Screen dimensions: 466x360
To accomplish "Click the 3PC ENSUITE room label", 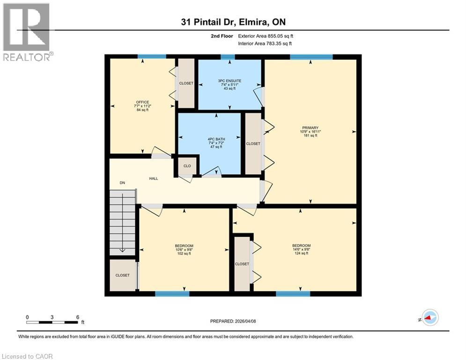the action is click(x=229, y=81).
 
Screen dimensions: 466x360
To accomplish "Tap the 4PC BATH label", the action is click(x=216, y=139).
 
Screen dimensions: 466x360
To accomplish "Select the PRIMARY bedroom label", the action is click(x=310, y=128).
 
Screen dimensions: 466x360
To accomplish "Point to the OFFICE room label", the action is click(x=143, y=102).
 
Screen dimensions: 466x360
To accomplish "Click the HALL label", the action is click(x=154, y=179).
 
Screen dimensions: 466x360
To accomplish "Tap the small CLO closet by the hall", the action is click(x=187, y=166).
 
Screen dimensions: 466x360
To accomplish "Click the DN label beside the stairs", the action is click(x=122, y=183).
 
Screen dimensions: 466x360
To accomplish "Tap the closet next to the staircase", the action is click(x=123, y=275).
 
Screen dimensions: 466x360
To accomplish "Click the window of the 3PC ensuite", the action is click(x=228, y=57).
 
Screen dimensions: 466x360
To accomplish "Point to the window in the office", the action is click(x=152, y=57).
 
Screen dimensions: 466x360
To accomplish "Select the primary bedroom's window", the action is click(x=311, y=57).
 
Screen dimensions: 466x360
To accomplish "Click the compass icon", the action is click(x=430, y=317).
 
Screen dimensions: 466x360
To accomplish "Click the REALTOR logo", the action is click(x=27, y=32).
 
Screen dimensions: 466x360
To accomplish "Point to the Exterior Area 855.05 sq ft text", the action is click(x=266, y=36).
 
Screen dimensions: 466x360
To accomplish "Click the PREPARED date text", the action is click(x=233, y=321).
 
